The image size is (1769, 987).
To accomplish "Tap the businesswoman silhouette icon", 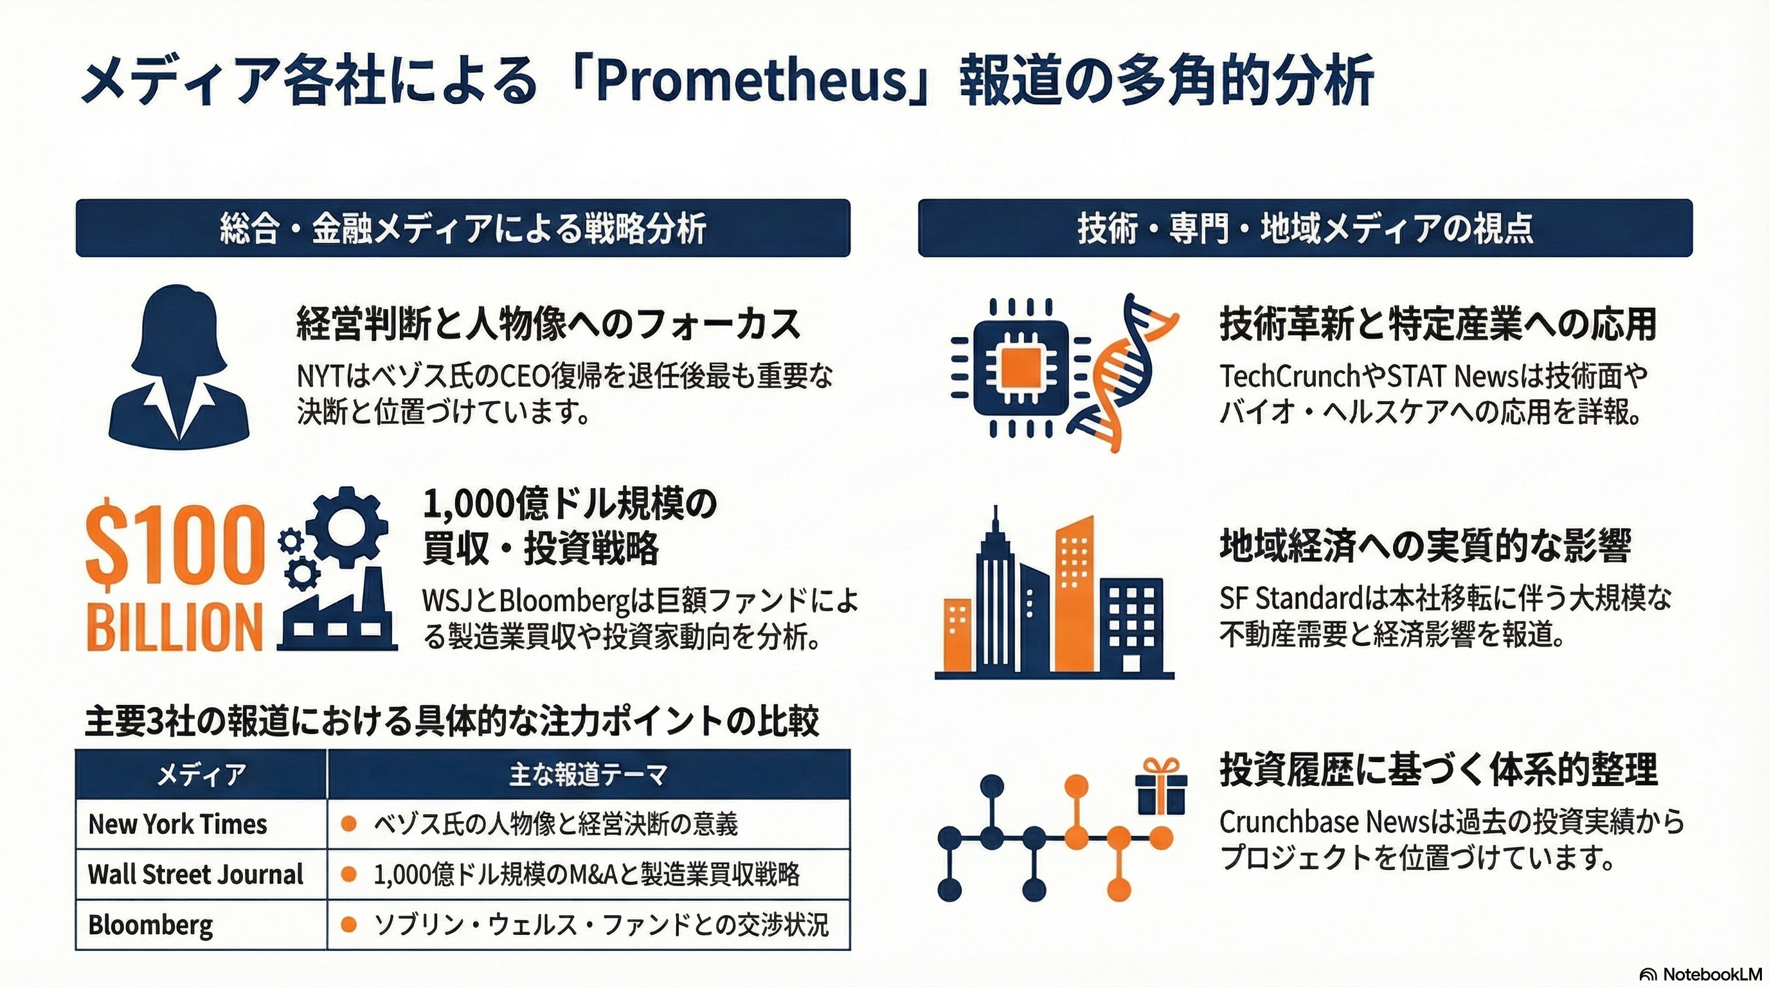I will coord(179,364).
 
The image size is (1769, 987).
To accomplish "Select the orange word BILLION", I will coord(175,627).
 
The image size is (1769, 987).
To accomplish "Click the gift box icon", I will coord(1160,788).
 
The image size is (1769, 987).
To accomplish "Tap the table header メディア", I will coord(201,775).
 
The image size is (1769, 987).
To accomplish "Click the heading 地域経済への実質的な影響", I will coord(1424,546).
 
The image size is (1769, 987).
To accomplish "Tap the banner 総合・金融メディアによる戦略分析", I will coord(463,229).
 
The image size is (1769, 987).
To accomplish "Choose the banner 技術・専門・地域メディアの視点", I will coord(1305,229).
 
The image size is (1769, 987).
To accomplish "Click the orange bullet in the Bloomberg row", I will coord(349,925).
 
